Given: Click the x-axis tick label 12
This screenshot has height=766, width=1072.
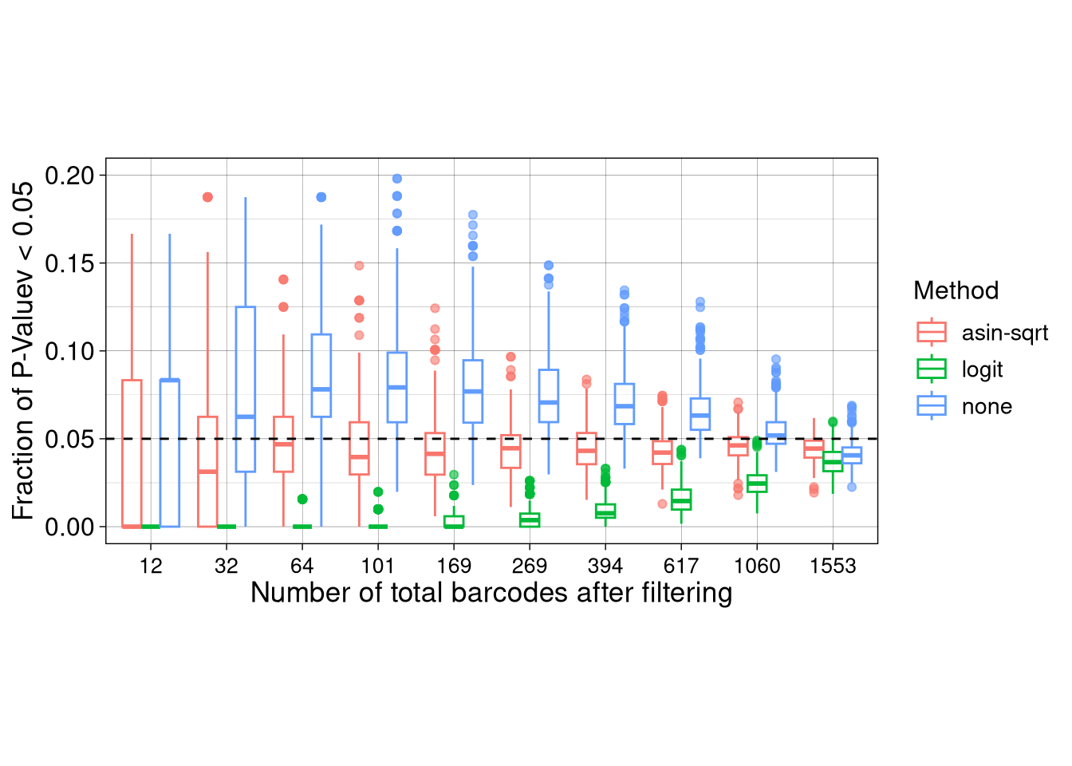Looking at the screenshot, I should pos(151,566).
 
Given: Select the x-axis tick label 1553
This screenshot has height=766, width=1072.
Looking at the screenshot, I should pos(833,566).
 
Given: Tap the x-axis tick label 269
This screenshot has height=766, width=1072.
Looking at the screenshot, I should pos(530,566).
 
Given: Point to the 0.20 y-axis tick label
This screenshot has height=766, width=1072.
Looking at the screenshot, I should pos(69,176).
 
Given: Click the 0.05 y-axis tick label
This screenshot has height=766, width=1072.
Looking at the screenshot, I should pos(69,439).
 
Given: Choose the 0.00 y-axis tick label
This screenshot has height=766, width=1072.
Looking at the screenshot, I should pos(69,527).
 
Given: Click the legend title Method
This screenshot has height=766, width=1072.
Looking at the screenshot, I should pos(956,290).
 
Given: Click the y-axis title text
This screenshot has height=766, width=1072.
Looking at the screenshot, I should pos(23,351).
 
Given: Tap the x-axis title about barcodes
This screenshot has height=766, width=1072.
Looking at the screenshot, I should pos(491,593).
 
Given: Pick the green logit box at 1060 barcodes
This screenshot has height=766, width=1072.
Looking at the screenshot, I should pos(757,484).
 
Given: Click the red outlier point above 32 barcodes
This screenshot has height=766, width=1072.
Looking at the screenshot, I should pos(207,197).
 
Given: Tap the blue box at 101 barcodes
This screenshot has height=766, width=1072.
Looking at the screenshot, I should pos(397,387).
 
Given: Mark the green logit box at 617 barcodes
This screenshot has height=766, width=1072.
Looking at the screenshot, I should pos(681,499).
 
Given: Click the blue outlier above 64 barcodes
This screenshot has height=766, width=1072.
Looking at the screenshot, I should pos(321,197).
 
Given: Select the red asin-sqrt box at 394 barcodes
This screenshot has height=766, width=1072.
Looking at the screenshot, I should pos(586,448).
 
